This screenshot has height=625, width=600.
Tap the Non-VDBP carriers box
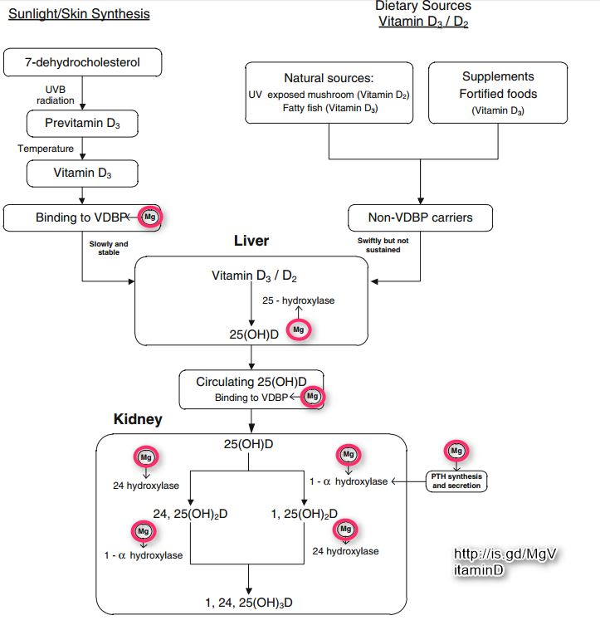[x=420, y=218]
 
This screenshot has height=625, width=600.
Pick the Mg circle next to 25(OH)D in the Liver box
[x=299, y=330]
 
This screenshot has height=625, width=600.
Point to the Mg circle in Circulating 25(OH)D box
[x=312, y=397]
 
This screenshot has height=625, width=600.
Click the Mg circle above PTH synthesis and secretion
[x=456, y=451]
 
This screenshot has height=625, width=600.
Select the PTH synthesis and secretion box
[x=456, y=481]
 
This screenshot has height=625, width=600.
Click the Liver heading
[x=251, y=242]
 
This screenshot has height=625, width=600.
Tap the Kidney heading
[x=138, y=420]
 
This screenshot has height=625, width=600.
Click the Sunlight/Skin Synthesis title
[x=79, y=14]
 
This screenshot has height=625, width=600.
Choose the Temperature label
[x=46, y=149]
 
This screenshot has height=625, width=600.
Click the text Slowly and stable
[x=110, y=247]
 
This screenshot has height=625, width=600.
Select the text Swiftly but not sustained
[x=378, y=245]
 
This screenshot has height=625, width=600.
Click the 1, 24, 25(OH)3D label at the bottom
[x=249, y=601]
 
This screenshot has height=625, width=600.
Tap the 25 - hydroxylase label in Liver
[x=298, y=300]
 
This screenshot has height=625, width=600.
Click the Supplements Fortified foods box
[x=497, y=91]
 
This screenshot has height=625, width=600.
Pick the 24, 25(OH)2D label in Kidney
[x=190, y=514]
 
